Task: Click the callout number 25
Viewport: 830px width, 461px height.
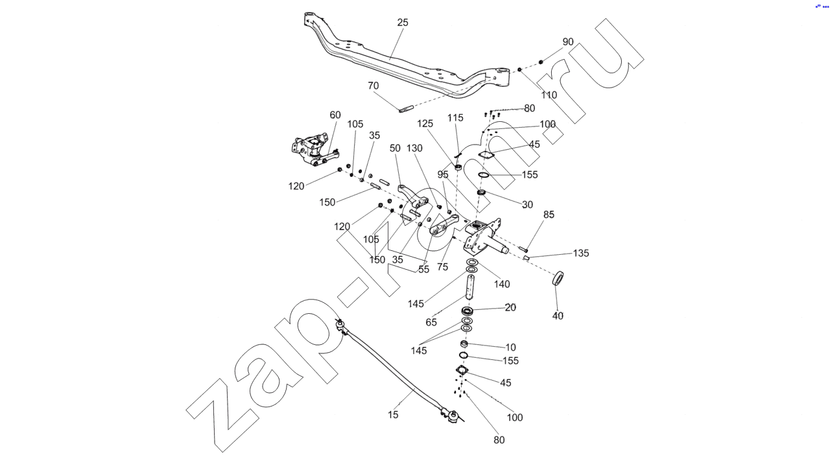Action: pos(403,22)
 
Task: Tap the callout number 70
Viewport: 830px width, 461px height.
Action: pos(373,86)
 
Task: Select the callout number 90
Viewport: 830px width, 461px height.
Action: pos(568,41)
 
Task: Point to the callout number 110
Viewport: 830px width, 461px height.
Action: pos(549,95)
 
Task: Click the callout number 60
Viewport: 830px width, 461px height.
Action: pos(335,115)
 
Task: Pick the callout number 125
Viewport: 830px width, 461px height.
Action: pos(425,123)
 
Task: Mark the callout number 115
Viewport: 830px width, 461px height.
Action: pos(455,117)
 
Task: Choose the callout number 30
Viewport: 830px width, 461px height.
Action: pos(527,205)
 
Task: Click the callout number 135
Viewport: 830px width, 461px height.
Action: pos(581,254)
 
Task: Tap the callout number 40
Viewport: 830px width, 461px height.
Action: pos(558,316)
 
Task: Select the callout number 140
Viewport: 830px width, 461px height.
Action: pos(502,284)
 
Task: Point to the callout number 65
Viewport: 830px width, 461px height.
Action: pos(431,322)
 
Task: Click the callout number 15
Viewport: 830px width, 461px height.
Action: pos(394,415)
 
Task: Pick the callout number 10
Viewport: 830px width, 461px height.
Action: pos(511,348)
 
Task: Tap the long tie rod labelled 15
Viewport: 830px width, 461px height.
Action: pos(396,370)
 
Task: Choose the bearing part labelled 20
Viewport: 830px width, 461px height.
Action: pos(467,312)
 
